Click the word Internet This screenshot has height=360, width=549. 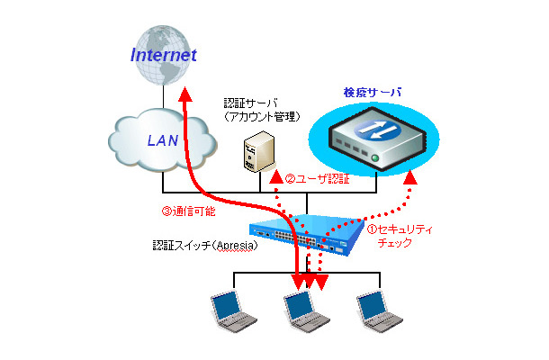pyautogui.click(x=163, y=55)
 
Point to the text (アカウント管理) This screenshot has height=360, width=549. pyautogui.click(x=263, y=118)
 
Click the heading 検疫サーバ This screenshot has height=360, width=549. pyautogui.click(x=372, y=93)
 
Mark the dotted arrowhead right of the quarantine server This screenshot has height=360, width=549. pyautogui.click(x=411, y=181)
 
